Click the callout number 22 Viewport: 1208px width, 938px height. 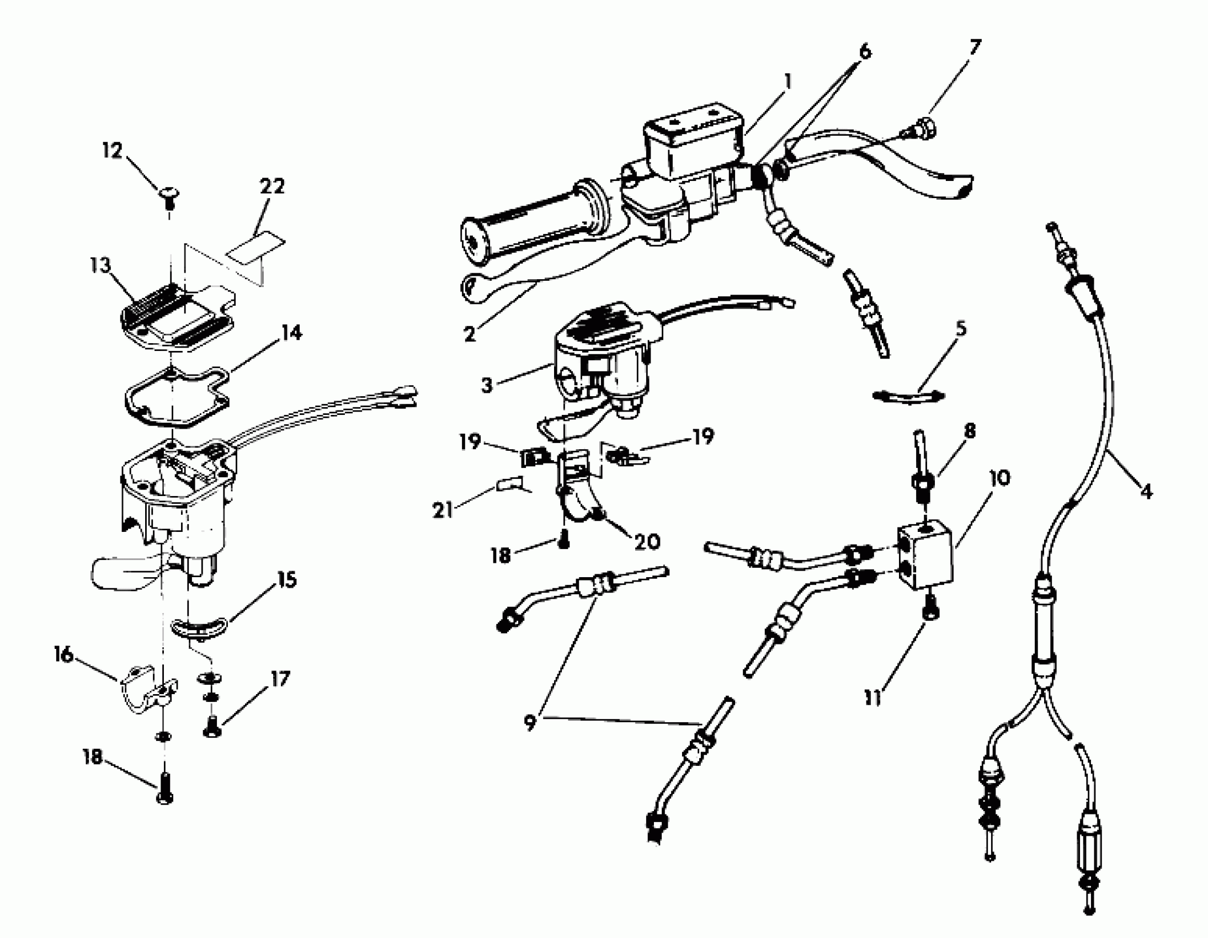coord(272,186)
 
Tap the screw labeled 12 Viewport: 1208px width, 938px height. coord(168,195)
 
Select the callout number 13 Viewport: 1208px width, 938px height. coord(100,265)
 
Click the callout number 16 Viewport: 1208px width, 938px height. coord(63,655)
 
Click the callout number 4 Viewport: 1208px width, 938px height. coord(1147,490)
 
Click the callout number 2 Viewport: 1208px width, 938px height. coord(470,333)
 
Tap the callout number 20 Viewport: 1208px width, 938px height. coord(647,541)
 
